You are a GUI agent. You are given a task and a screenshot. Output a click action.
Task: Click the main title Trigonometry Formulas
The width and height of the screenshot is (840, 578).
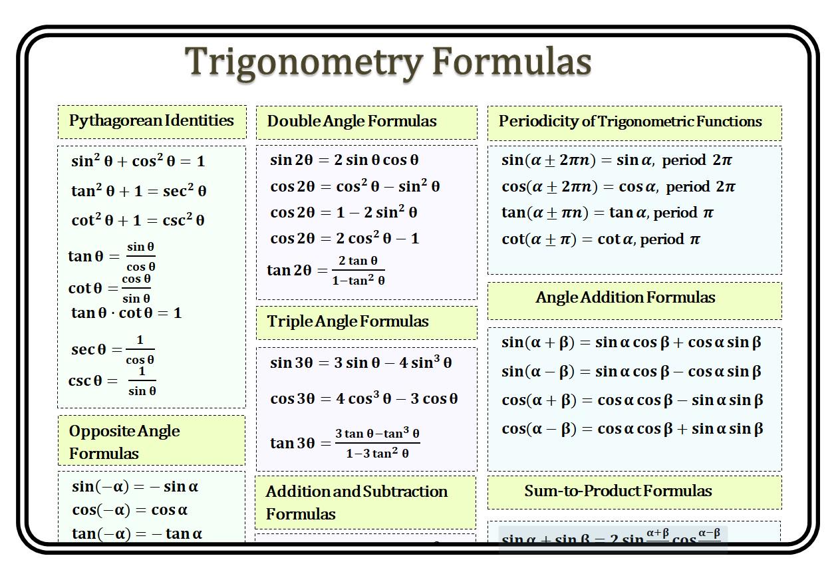pyautogui.click(x=388, y=62)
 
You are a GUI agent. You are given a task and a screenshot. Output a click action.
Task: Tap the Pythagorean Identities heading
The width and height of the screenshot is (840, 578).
pyautogui.click(x=152, y=121)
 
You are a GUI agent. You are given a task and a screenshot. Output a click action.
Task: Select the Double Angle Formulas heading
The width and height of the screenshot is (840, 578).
pyautogui.click(x=352, y=122)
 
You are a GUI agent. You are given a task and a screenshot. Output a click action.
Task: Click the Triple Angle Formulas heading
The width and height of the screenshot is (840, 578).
pyautogui.click(x=348, y=322)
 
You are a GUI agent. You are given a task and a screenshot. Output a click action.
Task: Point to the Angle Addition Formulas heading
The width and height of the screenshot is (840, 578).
pyautogui.click(x=625, y=298)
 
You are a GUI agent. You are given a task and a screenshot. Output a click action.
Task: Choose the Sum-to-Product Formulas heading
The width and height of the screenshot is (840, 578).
pyautogui.click(x=618, y=492)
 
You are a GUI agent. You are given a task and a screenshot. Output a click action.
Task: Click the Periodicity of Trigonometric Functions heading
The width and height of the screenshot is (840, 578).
pyautogui.click(x=630, y=122)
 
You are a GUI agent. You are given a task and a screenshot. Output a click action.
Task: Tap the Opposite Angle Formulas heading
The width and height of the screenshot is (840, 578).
pyautogui.click(x=124, y=442)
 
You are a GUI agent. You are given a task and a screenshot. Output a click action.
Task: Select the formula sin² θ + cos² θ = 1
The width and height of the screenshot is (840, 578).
pyautogui.click(x=138, y=161)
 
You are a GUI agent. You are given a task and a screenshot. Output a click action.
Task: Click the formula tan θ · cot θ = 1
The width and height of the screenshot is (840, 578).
pyautogui.click(x=126, y=313)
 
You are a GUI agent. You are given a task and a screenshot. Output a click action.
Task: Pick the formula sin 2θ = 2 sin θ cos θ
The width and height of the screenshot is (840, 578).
pyautogui.click(x=344, y=160)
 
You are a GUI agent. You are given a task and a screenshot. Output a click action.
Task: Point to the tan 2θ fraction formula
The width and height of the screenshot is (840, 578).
pyautogui.click(x=326, y=270)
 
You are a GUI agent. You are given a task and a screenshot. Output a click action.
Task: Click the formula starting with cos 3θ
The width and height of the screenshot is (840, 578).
pyautogui.click(x=364, y=399)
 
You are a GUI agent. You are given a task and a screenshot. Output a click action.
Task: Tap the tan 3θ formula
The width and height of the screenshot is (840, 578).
pyautogui.click(x=345, y=443)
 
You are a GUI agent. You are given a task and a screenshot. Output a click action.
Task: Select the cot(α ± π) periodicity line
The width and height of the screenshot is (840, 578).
pyautogui.click(x=601, y=239)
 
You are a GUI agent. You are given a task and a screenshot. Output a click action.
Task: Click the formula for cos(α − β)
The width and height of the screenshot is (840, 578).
pyautogui.click(x=632, y=429)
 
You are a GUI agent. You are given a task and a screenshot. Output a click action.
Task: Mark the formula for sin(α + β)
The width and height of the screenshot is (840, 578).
pyautogui.click(x=631, y=343)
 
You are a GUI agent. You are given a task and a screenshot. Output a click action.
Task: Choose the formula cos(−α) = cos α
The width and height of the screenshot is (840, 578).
pyautogui.click(x=130, y=510)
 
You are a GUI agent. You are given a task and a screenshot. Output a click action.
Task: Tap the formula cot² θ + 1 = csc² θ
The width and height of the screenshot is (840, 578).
pyautogui.click(x=138, y=221)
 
